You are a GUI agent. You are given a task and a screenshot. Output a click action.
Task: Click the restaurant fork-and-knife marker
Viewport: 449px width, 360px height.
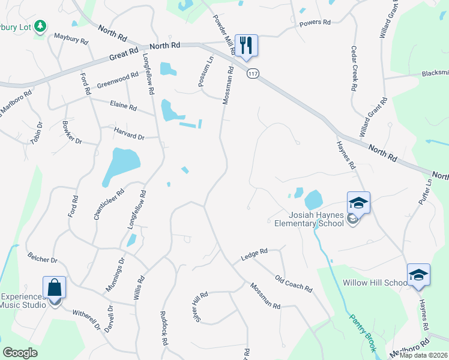[246, 45]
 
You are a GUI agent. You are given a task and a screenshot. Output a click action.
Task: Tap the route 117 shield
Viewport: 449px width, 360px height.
[253, 73]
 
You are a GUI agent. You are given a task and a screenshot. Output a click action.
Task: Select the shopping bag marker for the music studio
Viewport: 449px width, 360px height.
[55, 288]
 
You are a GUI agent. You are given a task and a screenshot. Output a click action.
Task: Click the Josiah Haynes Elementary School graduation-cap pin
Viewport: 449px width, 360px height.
[358, 203]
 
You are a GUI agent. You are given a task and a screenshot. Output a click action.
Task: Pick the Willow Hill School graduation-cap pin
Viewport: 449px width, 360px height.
[418, 275]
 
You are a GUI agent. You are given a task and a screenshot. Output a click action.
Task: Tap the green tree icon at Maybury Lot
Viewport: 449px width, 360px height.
[40, 26]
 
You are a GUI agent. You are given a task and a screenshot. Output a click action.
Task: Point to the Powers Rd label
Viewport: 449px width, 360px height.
[315, 23]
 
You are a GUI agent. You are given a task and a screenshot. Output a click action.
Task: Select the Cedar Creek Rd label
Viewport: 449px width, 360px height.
[354, 68]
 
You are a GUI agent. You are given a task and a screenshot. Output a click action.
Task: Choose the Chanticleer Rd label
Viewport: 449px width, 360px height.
[100, 205]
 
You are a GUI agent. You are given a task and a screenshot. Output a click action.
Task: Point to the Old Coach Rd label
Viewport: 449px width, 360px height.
[294, 283]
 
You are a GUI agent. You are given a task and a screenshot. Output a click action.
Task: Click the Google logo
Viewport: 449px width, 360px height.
[20, 353]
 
